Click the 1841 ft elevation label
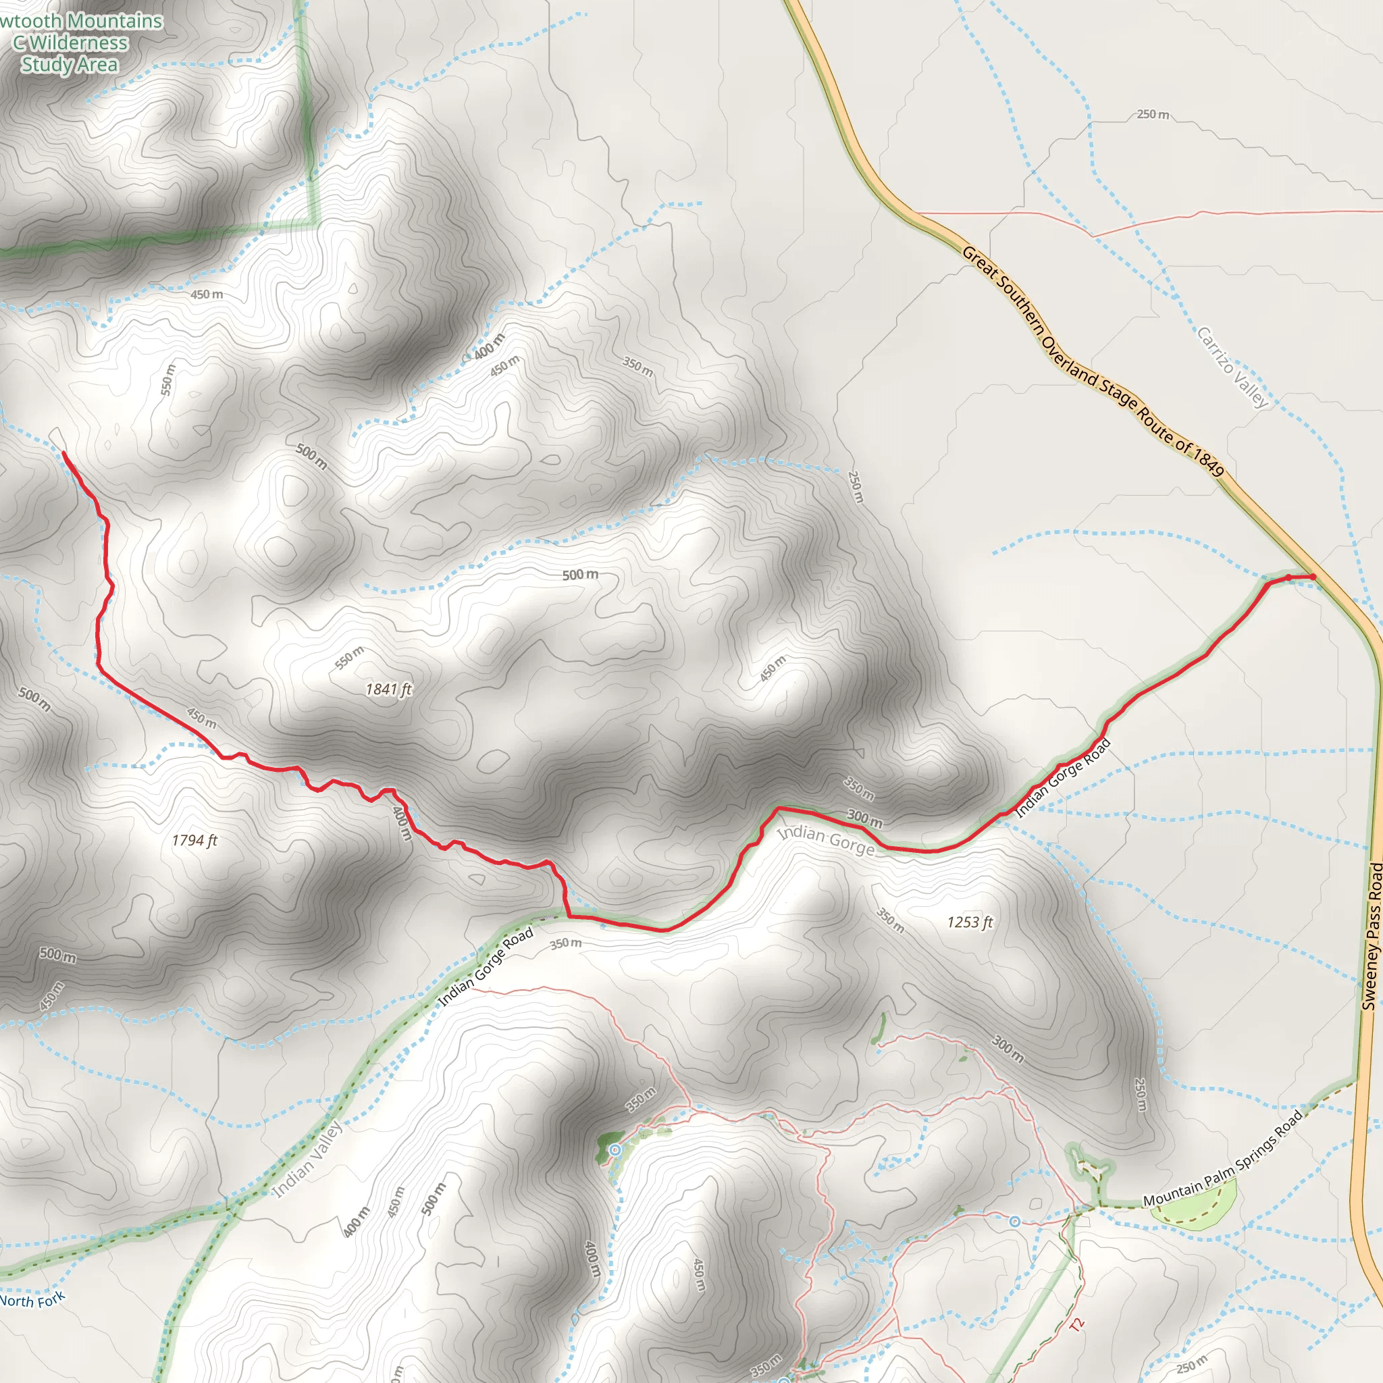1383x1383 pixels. [389, 689]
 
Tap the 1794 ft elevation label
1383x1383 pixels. [194, 840]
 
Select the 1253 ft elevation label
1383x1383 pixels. [970, 922]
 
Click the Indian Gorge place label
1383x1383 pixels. [826, 840]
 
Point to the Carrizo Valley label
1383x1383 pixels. [1232, 367]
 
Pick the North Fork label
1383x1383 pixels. [32, 1299]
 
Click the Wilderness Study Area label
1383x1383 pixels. [70, 43]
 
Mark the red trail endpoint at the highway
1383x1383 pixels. [1312, 576]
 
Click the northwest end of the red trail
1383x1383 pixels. [63, 452]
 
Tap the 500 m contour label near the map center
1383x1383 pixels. [580, 575]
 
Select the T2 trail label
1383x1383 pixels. [1077, 1324]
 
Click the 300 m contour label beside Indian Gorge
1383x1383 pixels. [865, 818]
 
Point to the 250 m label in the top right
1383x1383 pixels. [1153, 115]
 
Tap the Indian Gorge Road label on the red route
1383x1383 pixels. [1064, 778]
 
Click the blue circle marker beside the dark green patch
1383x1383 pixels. [615, 1149]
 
